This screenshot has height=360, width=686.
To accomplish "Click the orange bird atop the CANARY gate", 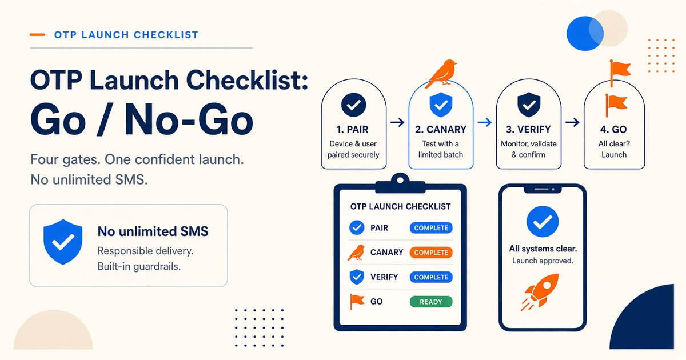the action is [442, 74].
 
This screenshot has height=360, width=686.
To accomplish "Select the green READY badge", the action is [431, 302].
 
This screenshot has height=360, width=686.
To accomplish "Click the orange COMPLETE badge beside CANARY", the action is [431, 253].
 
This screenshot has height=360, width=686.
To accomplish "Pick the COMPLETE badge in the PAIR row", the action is [431, 228].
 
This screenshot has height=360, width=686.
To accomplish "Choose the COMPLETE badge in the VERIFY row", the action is [431, 277].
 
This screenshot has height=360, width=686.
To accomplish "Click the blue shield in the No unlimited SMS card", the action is [63, 242].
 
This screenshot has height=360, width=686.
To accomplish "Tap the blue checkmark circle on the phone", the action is [543, 222].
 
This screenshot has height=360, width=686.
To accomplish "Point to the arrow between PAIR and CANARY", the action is [397, 122].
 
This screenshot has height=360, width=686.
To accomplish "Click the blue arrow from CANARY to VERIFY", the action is [485, 122].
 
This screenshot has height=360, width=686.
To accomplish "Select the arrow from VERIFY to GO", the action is [572, 122].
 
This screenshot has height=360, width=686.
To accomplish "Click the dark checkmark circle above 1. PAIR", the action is [353, 105].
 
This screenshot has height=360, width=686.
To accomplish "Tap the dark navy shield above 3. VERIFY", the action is [529, 105].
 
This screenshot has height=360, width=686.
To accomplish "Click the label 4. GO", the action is [613, 130].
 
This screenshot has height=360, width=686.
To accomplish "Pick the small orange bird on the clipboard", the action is [357, 253].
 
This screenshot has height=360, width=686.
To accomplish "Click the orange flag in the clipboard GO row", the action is [357, 302].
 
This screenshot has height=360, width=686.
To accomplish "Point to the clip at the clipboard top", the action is [400, 183].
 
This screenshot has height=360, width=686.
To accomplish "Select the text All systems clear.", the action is [543, 249].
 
